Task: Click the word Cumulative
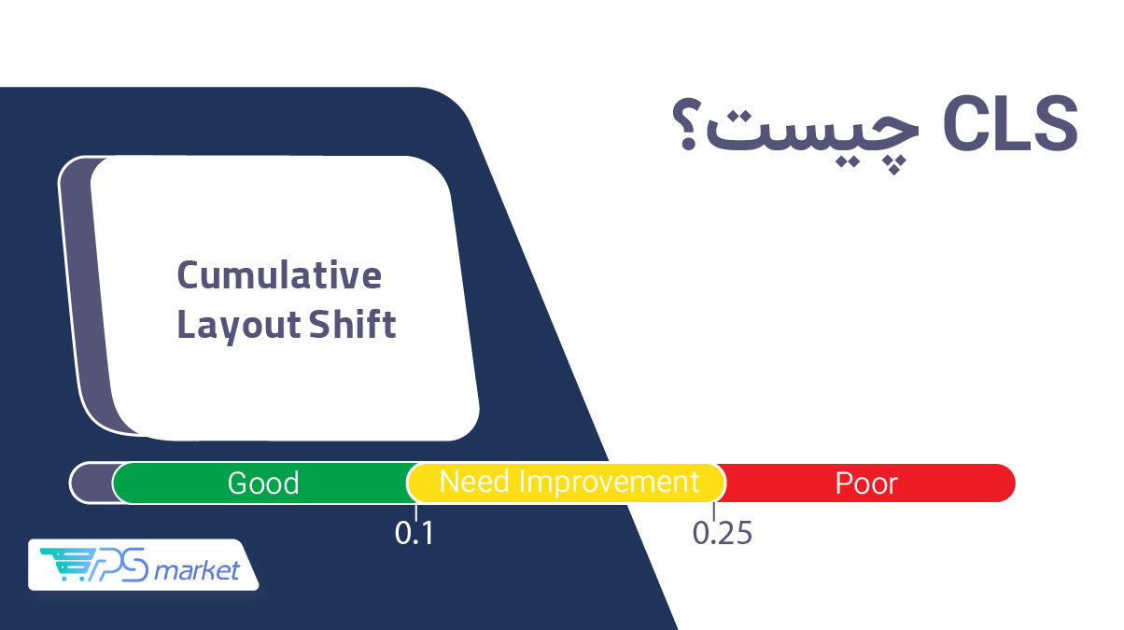point(279,275)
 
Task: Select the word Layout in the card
point(239,326)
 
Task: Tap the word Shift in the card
point(352,324)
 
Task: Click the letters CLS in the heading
point(1011,124)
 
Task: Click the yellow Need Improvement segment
point(567,483)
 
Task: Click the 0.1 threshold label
point(414,533)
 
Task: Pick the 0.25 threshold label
point(723,533)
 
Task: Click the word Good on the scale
point(263,483)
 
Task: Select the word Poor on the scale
point(866,483)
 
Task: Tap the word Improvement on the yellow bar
point(610,483)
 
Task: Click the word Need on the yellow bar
point(476,482)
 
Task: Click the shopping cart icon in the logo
point(68,564)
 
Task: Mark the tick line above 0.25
point(713,511)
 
